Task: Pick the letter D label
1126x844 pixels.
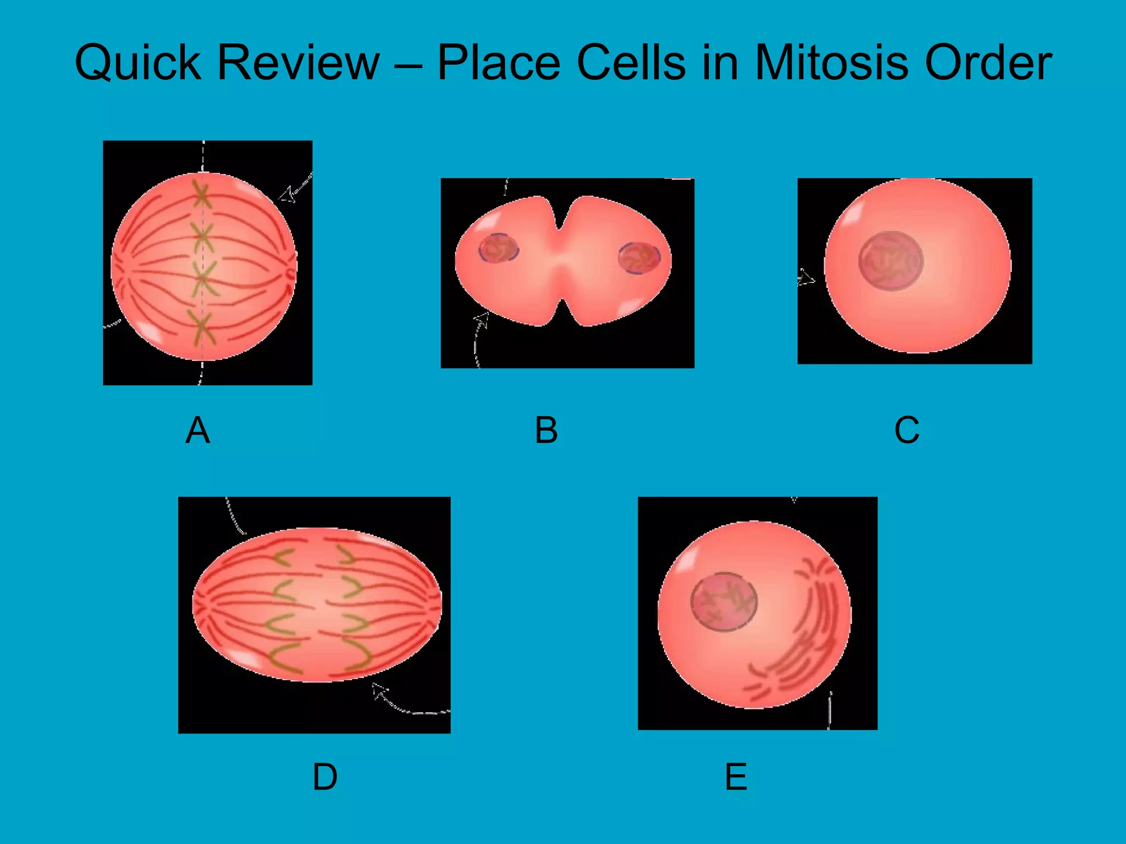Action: [325, 777]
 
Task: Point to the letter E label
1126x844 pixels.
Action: [736, 777]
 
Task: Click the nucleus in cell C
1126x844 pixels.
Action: [891, 261]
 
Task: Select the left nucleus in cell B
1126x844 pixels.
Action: [498, 248]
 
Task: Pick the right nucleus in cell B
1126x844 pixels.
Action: [639, 258]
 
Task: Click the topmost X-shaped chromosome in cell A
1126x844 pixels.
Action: [202, 194]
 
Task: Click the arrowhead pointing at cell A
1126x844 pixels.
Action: [286, 195]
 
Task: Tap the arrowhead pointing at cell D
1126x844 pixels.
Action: [379, 690]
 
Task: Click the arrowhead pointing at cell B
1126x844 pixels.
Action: [482, 319]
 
